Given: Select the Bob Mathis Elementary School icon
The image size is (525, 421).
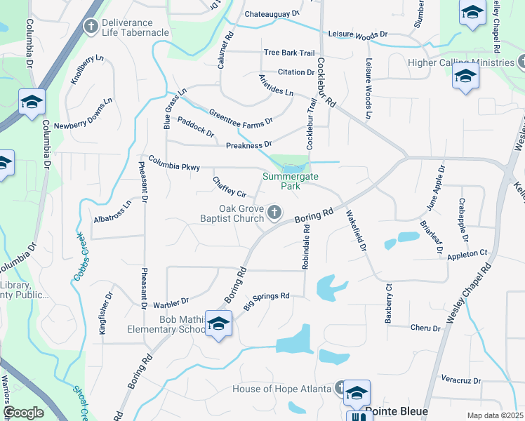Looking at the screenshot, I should tap(218, 323).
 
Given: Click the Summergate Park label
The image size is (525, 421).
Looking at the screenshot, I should tap(286, 182).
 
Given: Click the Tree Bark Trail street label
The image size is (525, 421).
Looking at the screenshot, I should tap(289, 53).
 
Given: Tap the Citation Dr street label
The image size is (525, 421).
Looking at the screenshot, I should tap(295, 72).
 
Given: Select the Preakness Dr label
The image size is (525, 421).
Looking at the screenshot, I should tap(248, 145).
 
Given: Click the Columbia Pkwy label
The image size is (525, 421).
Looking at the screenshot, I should tap(173, 163).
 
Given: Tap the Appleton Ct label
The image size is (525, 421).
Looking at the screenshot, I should tap(468, 253).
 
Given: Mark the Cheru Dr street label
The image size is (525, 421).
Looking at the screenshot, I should tap(425, 328).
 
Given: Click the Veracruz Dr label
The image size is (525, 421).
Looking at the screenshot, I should tap(462, 381).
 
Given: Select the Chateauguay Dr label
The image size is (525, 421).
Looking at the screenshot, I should tap(272, 14).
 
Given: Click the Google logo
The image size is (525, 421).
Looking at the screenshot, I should tap(23, 413).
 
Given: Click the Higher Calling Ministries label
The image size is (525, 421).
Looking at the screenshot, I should tap(461, 62).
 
